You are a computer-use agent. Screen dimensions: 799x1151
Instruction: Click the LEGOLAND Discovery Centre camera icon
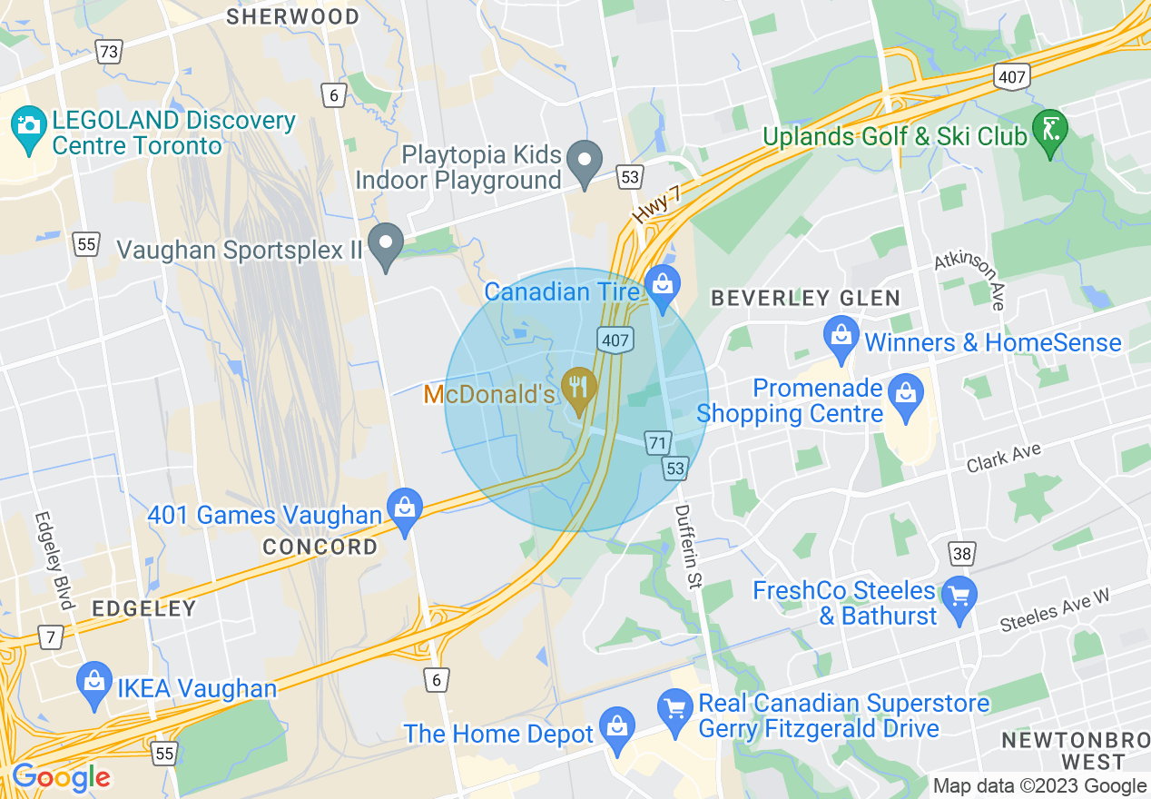pos(29,123)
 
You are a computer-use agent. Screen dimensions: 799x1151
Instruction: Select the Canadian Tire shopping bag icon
pos(663,284)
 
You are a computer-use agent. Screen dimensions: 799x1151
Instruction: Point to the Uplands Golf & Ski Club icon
pos(1052,130)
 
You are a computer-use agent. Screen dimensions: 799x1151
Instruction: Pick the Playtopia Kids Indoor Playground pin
pos(585,161)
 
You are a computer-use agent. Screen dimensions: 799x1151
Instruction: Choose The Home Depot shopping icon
pos(617,728)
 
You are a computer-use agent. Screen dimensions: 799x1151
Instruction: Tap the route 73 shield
pos(108,52)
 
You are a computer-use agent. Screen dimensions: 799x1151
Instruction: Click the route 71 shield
pos(659,443)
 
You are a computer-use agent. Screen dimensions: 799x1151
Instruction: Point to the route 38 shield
pos(962,552)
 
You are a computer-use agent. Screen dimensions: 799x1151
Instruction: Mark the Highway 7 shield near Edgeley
pos(51,637)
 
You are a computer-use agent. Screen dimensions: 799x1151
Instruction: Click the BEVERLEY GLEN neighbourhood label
pos(805,298)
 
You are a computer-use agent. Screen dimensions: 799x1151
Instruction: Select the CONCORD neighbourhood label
pos(320,547)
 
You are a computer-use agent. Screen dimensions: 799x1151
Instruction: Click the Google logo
pos(60,778)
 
